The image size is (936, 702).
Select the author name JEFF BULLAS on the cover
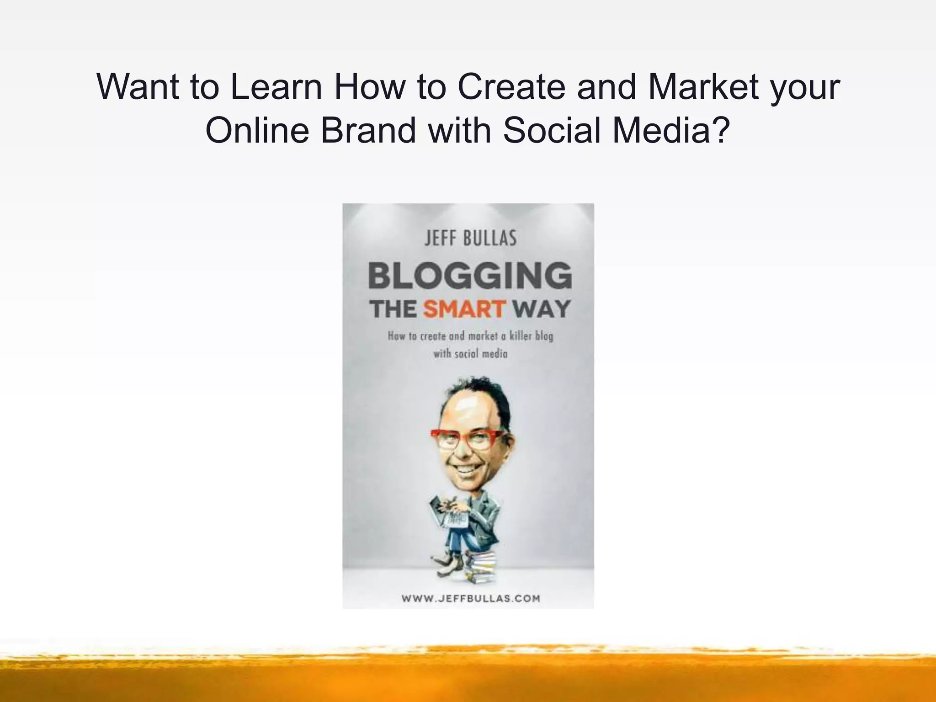tap(470, 238)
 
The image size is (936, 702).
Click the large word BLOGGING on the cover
tap(470, 276)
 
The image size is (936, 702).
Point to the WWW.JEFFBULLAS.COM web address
tap(471, 598)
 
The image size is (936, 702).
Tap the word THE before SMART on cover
tap(393, 309)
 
